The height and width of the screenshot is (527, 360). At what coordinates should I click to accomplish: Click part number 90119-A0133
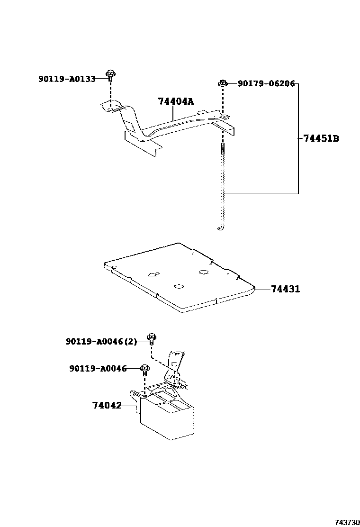point(67,79)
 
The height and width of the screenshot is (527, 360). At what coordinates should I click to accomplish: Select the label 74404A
point(176,101)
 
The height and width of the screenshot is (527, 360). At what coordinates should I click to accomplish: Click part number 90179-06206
point(266,83)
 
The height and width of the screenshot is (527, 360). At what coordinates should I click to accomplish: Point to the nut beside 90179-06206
point(222,83)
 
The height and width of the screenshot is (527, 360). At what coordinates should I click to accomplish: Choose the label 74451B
point(321,138)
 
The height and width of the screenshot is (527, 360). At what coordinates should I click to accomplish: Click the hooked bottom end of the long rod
point(221,228)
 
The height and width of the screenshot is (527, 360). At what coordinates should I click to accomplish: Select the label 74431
point(286,289)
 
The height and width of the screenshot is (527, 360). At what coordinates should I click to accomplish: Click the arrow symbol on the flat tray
point(153,274)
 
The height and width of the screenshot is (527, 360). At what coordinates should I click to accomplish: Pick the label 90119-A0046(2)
point(101,341)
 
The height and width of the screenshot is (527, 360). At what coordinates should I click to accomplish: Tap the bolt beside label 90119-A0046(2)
point(151,338)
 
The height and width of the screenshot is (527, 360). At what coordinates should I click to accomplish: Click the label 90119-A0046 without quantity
point(98,368)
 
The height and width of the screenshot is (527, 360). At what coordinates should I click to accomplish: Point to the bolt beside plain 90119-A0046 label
point(144,369)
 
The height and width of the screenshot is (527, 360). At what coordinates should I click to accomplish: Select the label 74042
point(107,406)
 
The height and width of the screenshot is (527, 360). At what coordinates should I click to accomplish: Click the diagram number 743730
point(346,522)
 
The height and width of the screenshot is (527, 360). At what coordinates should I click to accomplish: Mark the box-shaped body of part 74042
point(166,422)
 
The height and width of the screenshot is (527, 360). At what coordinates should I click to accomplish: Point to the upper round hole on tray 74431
point(204,272)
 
